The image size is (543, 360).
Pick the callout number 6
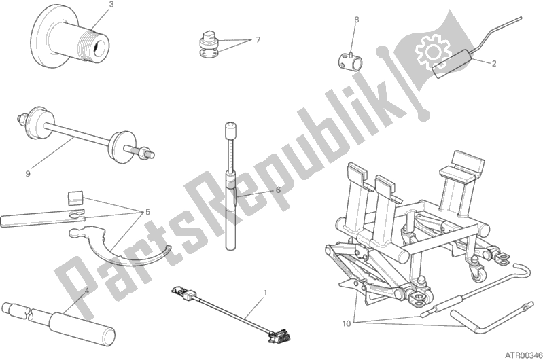pos(278,190)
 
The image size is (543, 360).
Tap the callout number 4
pos(86,291)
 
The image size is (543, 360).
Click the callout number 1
pos(264,293)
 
